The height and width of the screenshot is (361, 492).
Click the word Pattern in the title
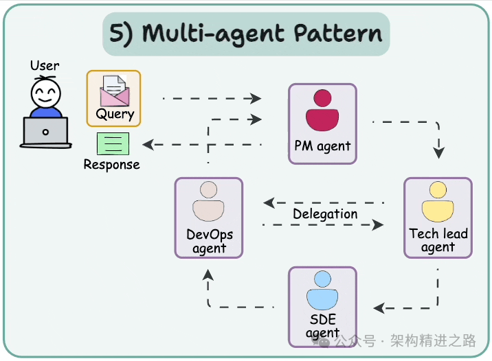point(338,33)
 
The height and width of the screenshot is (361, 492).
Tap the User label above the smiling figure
point(45,66)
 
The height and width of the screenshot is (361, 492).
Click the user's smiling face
point(46,93)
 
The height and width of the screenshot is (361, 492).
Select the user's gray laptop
point(46,132)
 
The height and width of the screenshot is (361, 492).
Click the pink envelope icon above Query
point(114,91)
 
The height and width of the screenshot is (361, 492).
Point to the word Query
point(115,114)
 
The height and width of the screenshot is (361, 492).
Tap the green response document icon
point(113,144)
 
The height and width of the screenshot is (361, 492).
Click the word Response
point(112,165)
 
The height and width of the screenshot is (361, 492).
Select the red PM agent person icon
point(322,110)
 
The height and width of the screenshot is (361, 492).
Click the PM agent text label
point(322,146)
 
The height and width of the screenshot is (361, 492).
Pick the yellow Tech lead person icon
point(438,201)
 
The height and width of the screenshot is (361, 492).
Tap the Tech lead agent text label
point(438,240)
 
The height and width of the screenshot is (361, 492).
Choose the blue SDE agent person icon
point(322,290)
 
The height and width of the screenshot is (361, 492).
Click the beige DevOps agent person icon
point(208,201)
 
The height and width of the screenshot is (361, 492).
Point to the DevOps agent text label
point(210,241)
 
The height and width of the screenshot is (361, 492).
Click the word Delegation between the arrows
point(325,214)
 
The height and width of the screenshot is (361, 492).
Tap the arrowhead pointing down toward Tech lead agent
point(438,152)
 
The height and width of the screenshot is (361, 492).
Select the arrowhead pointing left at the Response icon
point(148,144)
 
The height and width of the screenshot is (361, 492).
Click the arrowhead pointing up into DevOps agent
point(208,275)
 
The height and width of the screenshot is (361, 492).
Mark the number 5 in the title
point(117,33)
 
